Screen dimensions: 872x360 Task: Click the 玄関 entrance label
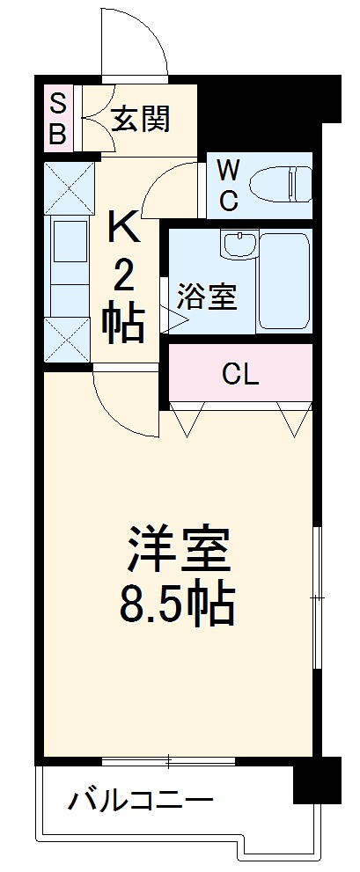[142, 118]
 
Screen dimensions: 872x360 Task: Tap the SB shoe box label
[57, 120]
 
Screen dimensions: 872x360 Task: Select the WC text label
[228, 185]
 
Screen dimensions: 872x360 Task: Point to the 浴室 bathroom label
[207, 297]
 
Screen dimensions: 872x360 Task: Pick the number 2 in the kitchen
[124, 279]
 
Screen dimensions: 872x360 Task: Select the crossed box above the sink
[69, 187]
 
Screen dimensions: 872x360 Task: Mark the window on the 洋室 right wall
[317, 598]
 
